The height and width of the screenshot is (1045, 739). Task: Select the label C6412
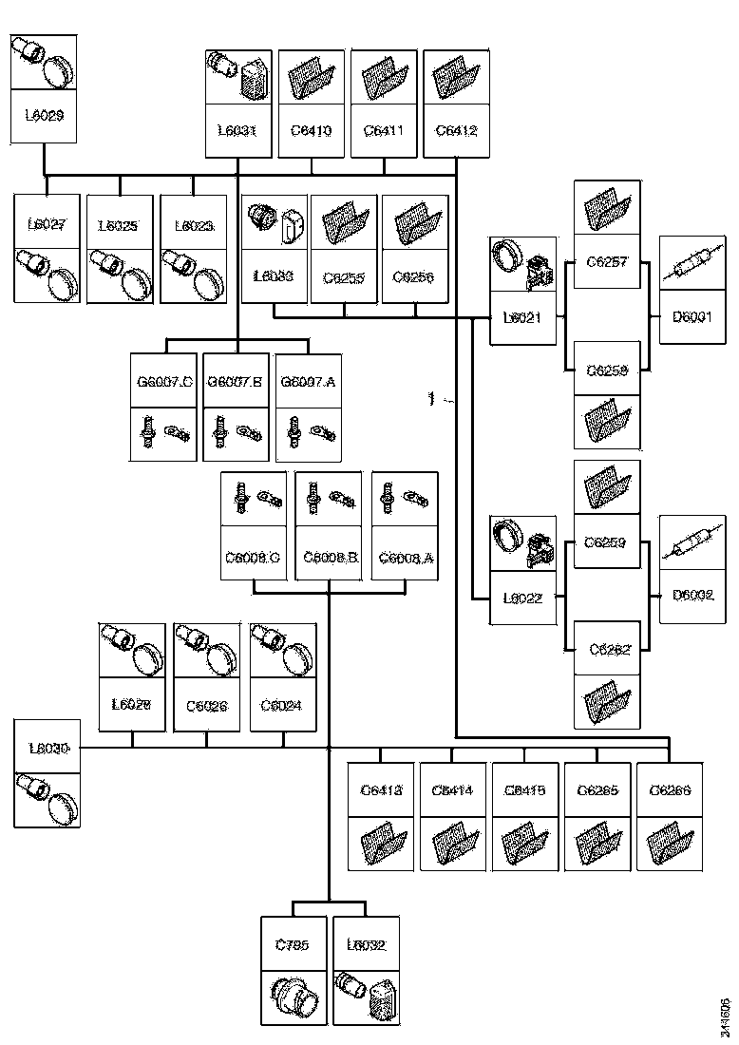tap(456, 129)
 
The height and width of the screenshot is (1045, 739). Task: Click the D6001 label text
tap(692, 316)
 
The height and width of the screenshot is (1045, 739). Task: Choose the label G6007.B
tap(235, 382)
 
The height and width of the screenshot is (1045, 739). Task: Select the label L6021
tap(521, 316)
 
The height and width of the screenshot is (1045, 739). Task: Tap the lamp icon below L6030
tap(47, 798)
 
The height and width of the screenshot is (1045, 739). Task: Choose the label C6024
tap(283, 706)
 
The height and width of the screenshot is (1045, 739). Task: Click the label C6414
tap(452, 790)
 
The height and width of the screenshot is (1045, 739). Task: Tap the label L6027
tap(47, 225)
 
